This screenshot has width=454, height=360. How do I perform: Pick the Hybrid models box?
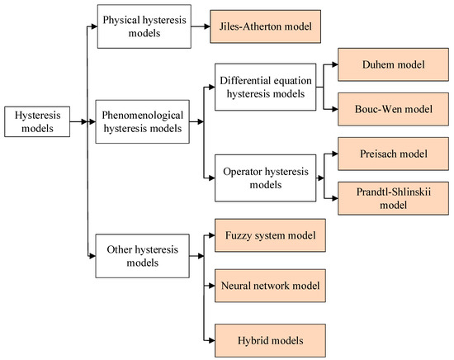click(266, 339)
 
